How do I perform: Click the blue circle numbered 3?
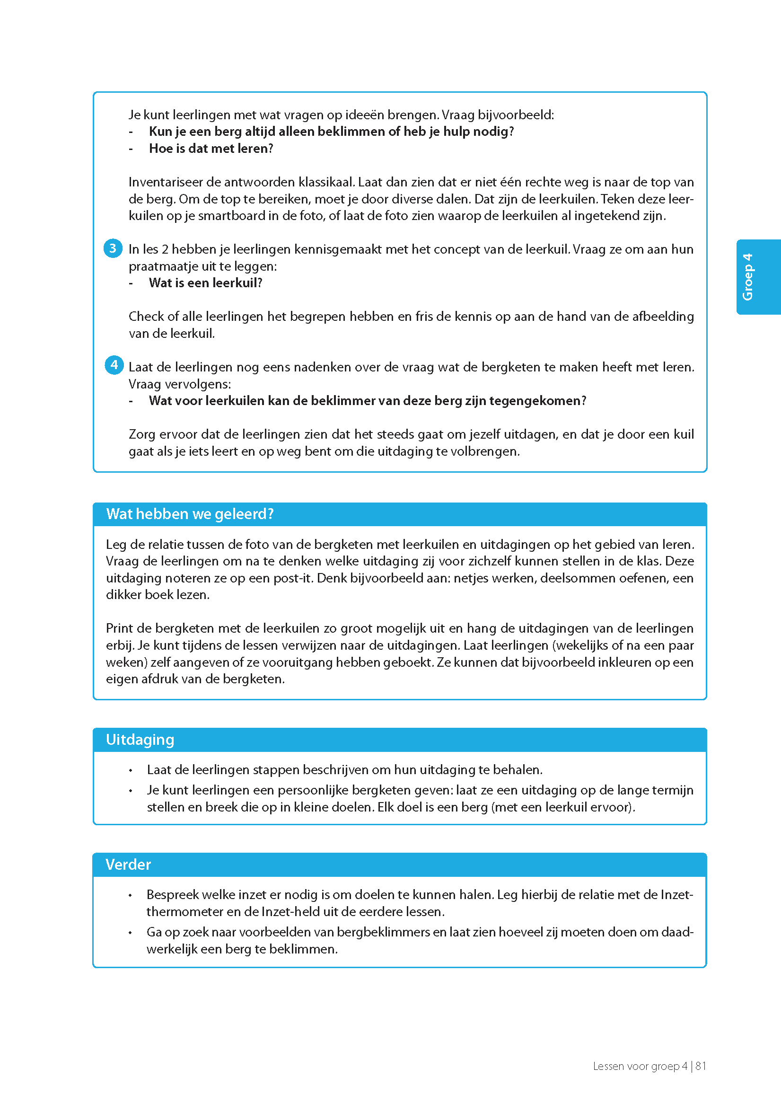click(113, 248)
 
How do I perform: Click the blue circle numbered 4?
click(114, 365)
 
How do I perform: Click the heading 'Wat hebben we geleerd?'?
click(190, 514)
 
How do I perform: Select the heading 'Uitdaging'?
click(140, 739)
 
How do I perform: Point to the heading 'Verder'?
click(128, 865)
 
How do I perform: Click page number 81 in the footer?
click(701, 1066)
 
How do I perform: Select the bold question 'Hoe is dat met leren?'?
click(211, 149)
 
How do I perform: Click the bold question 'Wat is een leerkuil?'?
click(206, 283)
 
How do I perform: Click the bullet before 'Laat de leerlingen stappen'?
click(131, 771)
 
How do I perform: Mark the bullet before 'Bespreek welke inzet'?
click(131, 895)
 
